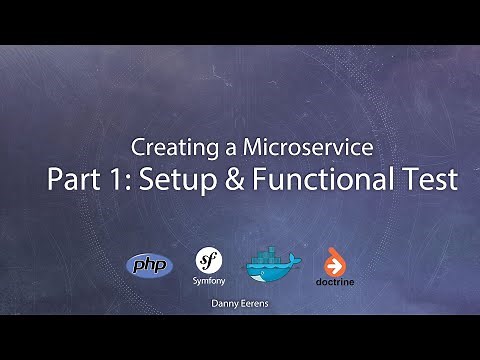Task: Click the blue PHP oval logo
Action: point(149,265)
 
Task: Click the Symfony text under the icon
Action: point(207,282)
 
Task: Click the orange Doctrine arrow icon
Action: point(333,262)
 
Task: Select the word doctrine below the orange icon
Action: point(333,282)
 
